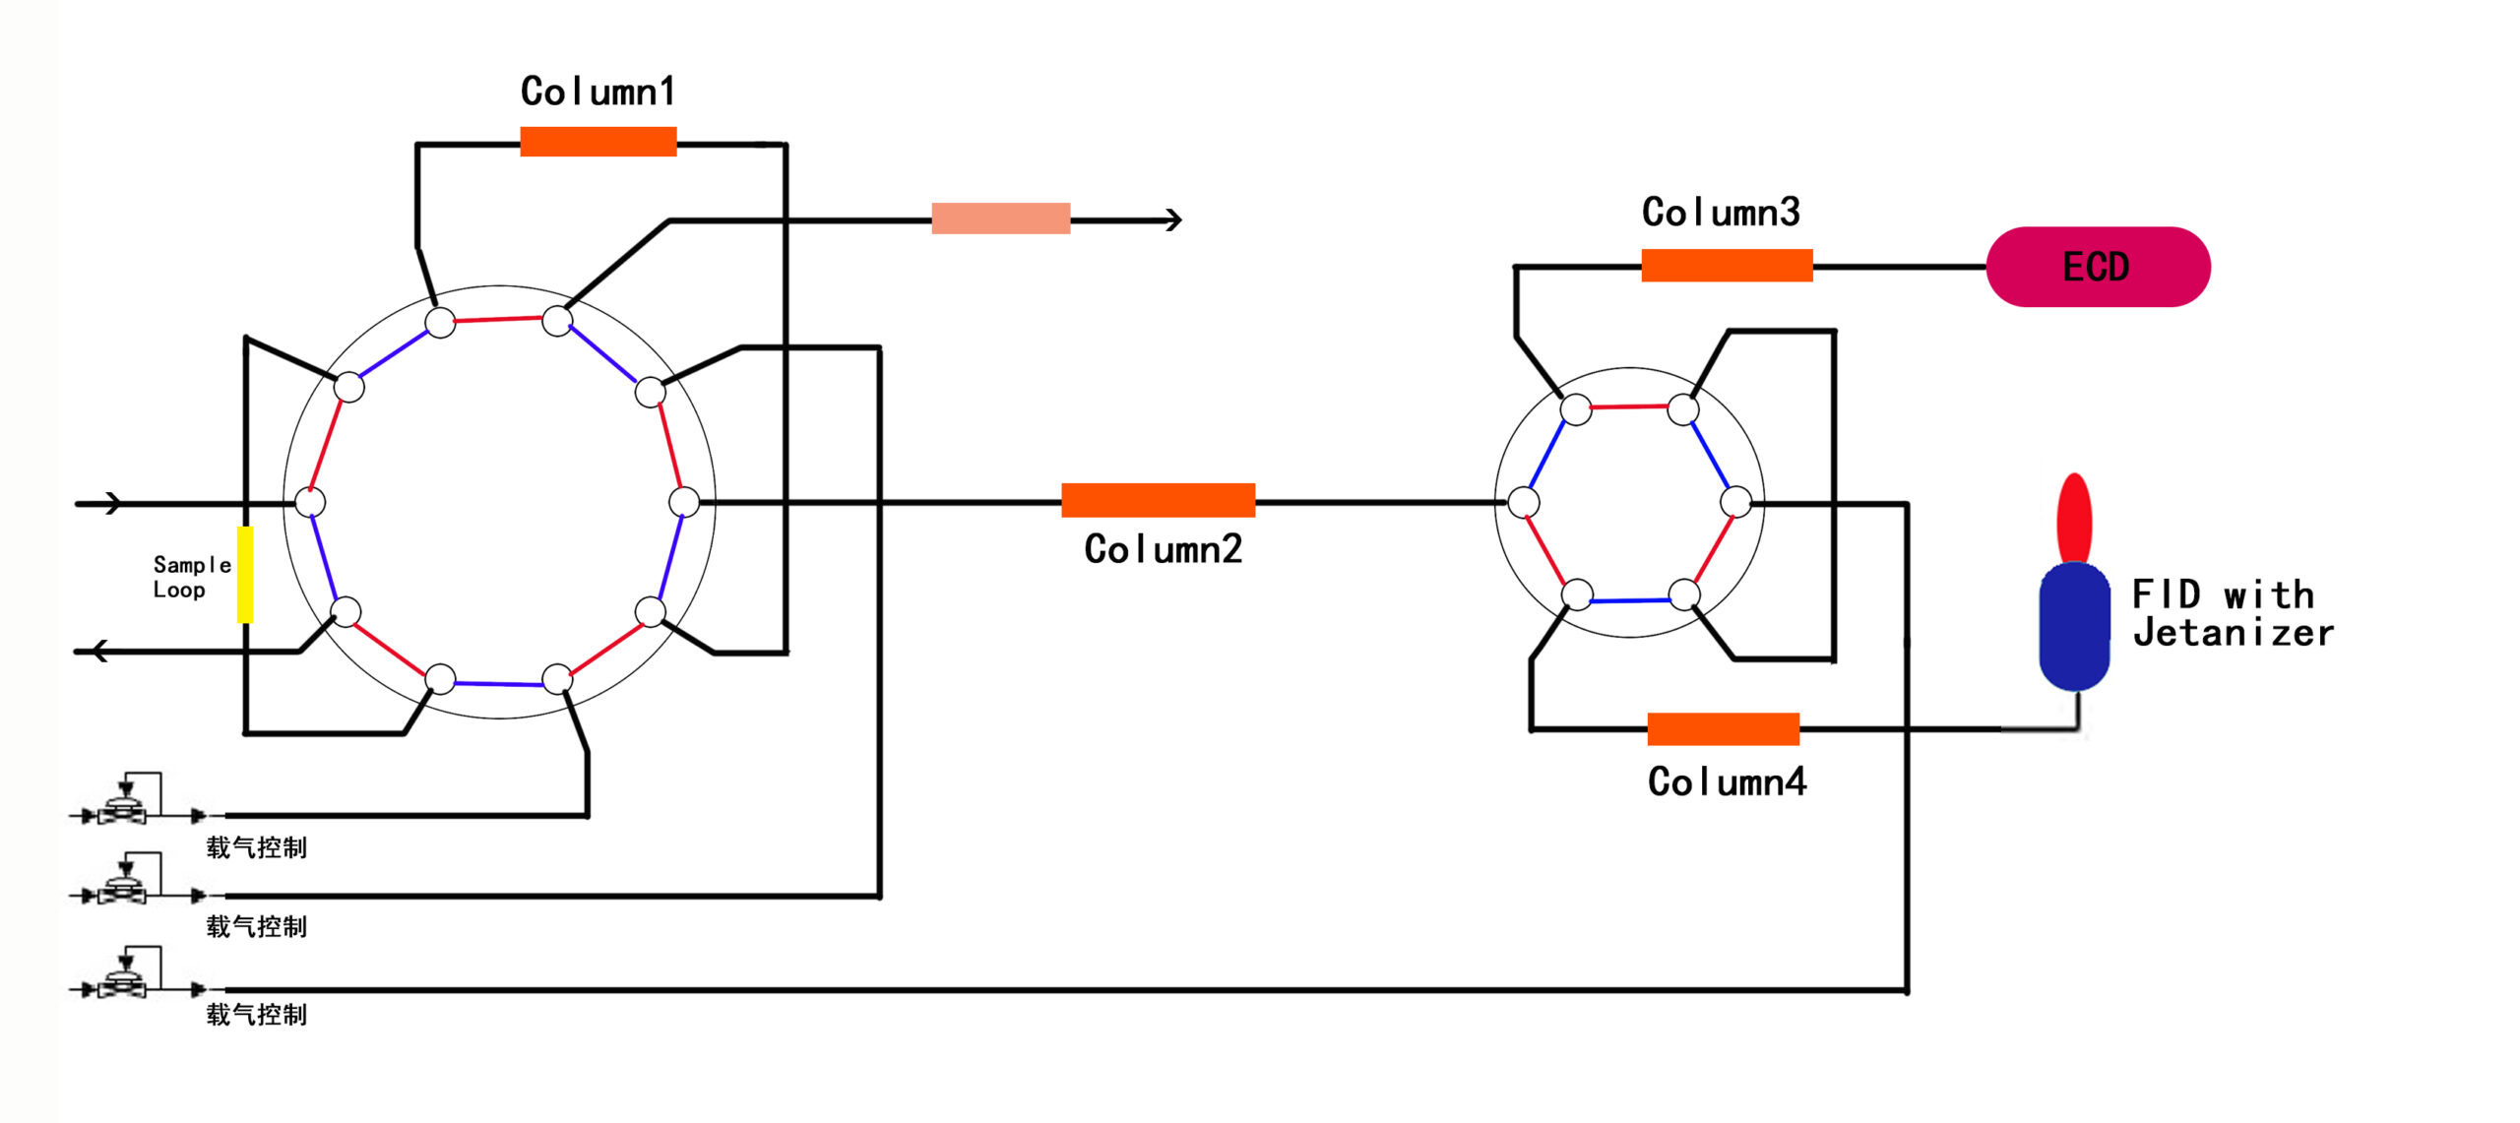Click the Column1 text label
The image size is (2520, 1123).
[598, 92]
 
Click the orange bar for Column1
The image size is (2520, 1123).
[598, 142]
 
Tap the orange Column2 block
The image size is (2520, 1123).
[1158, 500]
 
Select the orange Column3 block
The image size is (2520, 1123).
[1727, 266]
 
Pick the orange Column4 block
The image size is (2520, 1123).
[1723, 729]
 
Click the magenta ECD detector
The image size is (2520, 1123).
[2098, 267]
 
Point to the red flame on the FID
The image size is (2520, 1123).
[2074, 518]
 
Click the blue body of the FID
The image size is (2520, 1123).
[2074, 626]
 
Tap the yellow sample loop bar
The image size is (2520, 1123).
[245, 575]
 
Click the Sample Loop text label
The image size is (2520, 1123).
[191, 577]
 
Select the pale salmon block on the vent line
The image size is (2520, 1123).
[1000, 218]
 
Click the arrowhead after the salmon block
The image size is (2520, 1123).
[1172, 219]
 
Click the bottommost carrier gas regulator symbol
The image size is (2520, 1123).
[124, 975]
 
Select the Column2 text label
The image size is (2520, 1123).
[1163, 549]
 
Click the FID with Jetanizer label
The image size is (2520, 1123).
[2232, 614]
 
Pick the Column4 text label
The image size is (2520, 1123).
[1727, 781]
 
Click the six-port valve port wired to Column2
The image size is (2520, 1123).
[1524, 502]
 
